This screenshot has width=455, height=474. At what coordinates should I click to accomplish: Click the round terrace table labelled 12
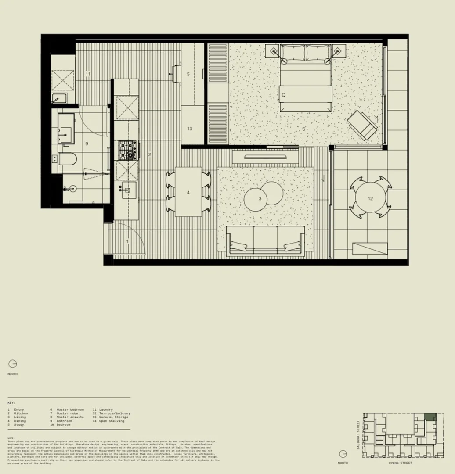(x=370, y=197)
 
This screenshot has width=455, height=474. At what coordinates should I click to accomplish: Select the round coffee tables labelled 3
(x=263, y=196)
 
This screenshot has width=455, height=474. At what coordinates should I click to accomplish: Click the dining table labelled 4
(x=188, y=192)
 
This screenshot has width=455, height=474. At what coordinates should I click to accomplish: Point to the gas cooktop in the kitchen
(x=127, y=150)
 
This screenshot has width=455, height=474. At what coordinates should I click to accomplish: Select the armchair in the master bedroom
(x=362, y=125)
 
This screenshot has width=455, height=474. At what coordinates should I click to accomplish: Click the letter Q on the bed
(x=284, y=95)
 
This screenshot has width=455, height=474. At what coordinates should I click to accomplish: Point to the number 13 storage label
(x=189, y=129)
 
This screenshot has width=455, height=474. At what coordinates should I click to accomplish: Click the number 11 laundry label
(x=88, y=74)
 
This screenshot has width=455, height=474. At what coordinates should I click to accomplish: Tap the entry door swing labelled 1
(x=127, y=239)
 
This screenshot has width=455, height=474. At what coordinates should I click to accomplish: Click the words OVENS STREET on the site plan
(x=400, y=463)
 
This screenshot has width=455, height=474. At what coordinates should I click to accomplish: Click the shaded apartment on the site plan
(x=430, y=418)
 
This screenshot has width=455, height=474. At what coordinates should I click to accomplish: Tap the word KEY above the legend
(x=11, y=402)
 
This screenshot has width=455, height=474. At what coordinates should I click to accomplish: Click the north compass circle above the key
(x=12, y=364)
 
